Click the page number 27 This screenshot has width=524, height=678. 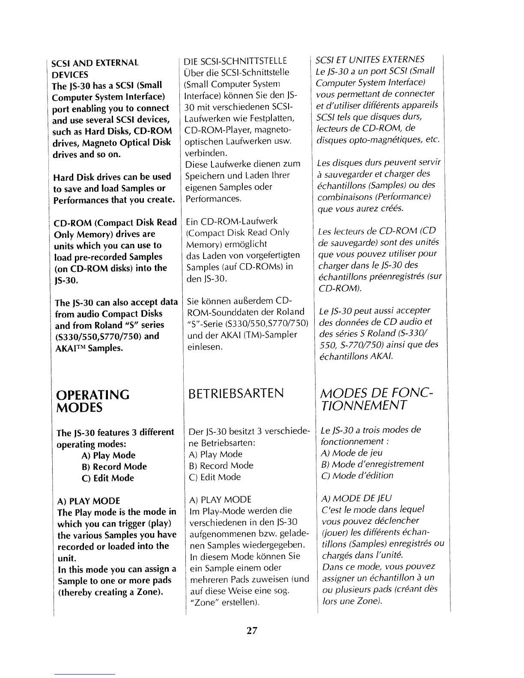[251, 630]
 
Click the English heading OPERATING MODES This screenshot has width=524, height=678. [93, 401]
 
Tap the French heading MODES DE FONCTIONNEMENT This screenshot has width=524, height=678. [377, 399]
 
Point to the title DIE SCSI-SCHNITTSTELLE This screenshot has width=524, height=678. [235, 61]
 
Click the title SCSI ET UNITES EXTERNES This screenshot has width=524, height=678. [370, 59]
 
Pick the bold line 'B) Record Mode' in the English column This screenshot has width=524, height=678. [114, 467]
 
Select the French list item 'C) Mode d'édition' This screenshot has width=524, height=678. [357, 476]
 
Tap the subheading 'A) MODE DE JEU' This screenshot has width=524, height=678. [356, 498]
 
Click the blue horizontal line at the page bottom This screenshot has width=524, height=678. [85, 674]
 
